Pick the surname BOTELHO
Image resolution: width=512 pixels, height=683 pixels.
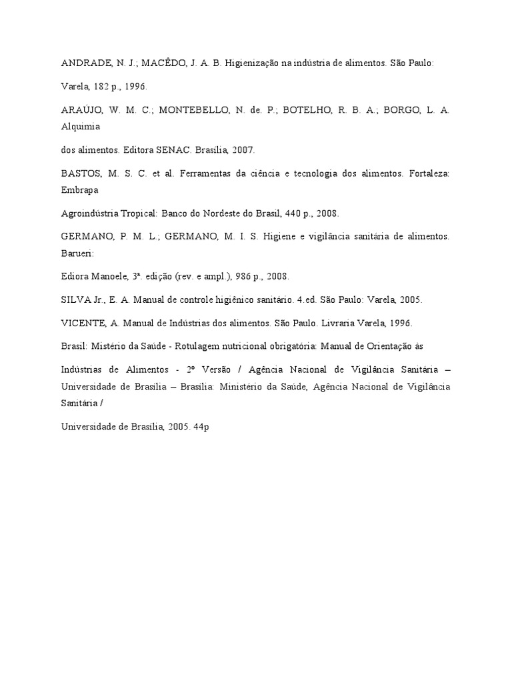(307, 111)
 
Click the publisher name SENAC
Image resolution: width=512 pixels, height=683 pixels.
(175, 151)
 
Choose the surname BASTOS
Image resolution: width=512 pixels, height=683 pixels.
(81, 175)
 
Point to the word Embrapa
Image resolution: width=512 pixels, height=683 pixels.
(80, 189)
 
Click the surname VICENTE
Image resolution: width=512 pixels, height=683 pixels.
(82, 323)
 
